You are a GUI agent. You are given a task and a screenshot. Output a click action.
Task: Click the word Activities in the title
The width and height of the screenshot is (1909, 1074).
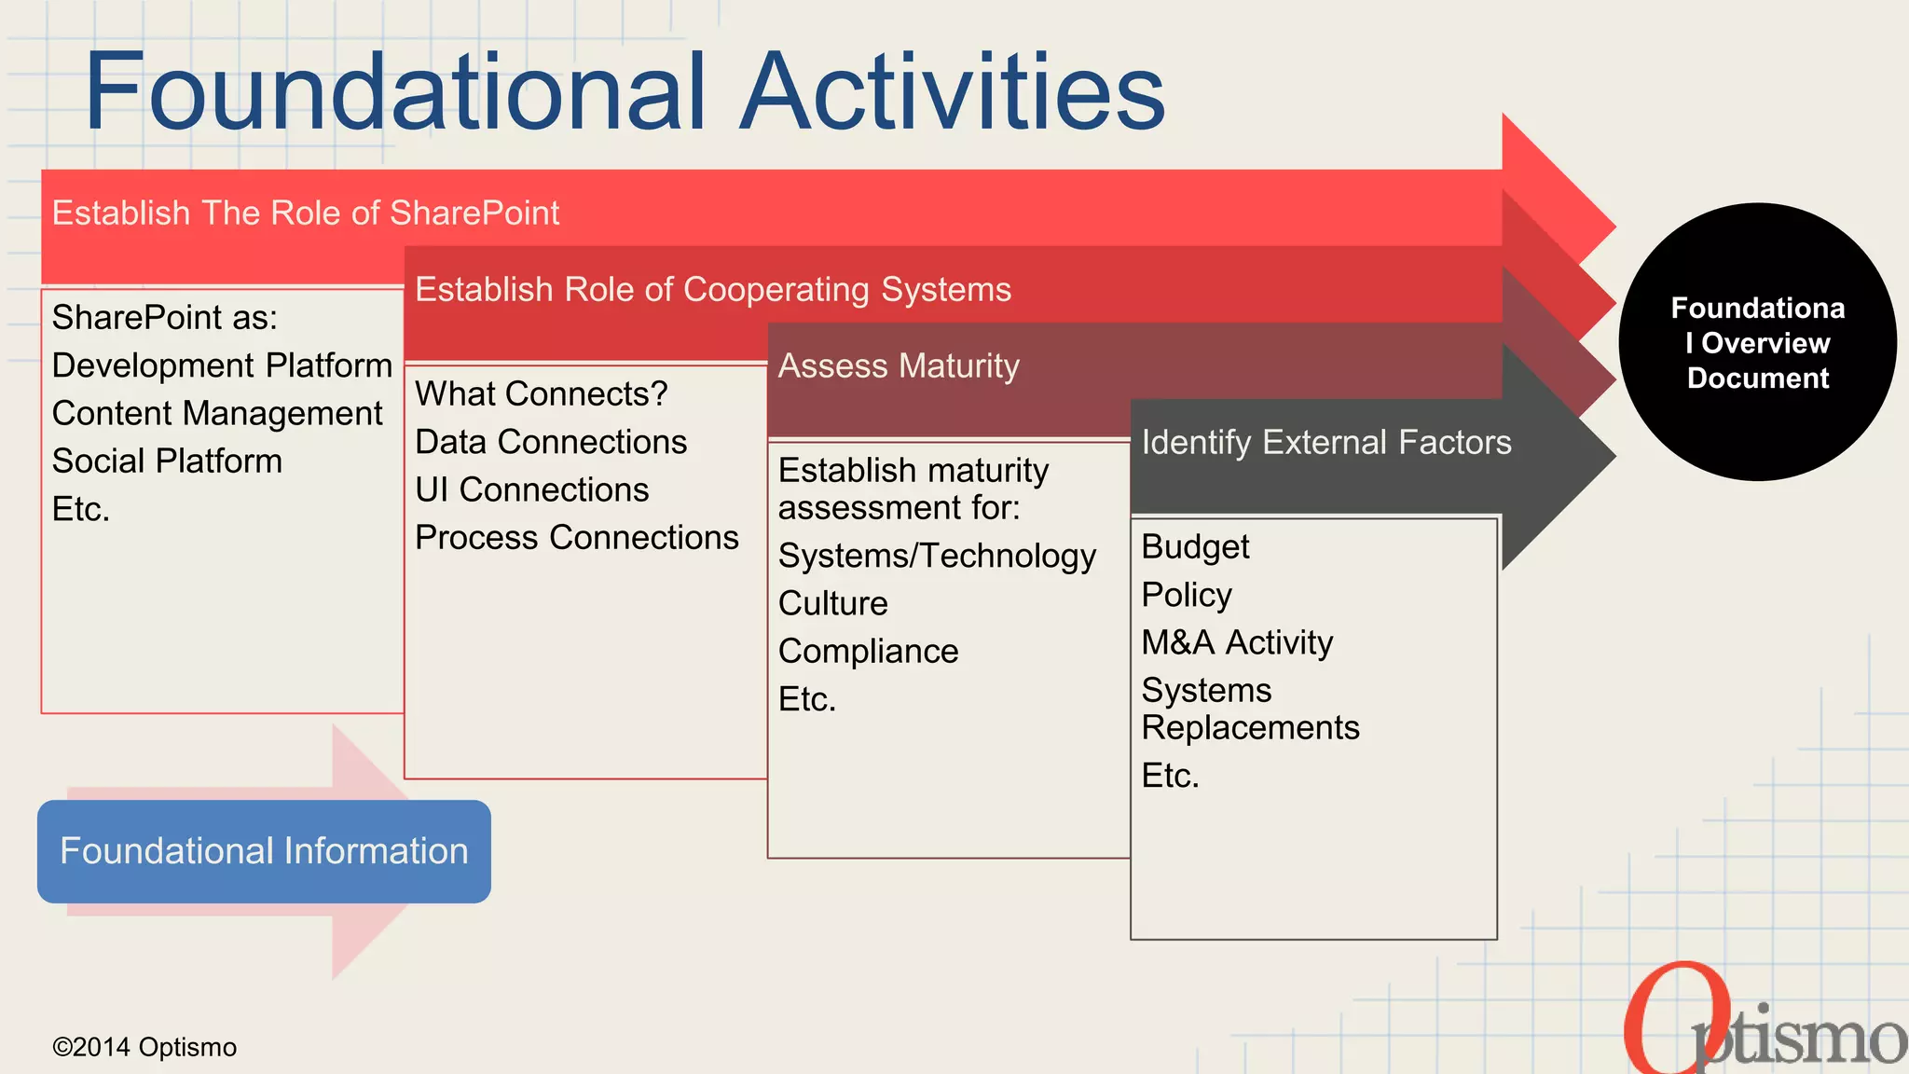[x=953, y=91]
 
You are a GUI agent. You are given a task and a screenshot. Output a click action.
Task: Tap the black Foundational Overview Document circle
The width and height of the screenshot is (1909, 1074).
[x=1757, y=342]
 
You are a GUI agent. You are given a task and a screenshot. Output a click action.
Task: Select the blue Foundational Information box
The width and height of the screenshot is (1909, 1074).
[x=264, y=851]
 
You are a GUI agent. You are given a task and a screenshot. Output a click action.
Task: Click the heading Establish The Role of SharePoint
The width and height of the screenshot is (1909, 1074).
[x=305, y=213]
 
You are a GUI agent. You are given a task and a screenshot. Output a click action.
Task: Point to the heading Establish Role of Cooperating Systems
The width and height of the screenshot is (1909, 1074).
[x=712, y=290]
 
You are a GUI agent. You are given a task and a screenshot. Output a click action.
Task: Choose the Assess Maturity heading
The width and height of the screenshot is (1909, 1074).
[x=899, y=366]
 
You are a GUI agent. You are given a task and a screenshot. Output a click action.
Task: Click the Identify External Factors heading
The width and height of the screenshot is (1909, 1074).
[x=1325, y=443]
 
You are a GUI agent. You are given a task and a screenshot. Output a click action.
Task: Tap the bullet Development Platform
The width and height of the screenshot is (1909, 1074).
[x=222, y=365]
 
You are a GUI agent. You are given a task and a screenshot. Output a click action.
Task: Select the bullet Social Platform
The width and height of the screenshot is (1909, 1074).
[x=167, y=461]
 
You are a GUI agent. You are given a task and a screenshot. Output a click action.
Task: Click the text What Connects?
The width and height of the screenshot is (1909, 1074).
[x=541, y=394]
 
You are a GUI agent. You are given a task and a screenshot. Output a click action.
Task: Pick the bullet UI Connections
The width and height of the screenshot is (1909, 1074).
[x=531, y=490]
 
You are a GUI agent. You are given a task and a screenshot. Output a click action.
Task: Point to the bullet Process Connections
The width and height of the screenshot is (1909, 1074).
[x=576, y=538]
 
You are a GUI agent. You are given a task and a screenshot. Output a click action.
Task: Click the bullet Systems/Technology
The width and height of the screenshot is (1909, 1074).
[x=937, y=557]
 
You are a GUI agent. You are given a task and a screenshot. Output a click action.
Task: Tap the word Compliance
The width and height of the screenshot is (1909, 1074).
[x=868, y=652]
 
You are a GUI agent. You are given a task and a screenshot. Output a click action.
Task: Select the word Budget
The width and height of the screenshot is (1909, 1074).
[x=1195, y=547]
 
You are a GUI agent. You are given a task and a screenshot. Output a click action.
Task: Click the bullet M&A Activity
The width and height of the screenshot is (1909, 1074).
[x=1237, y=643]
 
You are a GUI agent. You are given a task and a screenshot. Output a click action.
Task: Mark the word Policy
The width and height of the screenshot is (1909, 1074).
[x=1187, y=595]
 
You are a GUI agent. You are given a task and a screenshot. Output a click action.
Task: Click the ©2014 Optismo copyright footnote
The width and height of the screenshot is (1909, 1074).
[x=144, y=1047]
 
